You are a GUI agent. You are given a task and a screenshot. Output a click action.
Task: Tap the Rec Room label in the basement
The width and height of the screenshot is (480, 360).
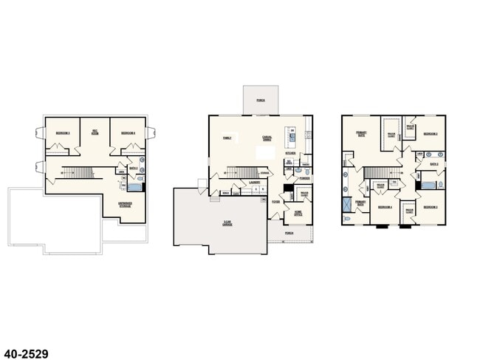pyautogui.click(x=95, y=133)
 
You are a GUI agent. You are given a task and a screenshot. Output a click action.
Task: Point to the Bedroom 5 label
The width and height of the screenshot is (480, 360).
pyautogui.click(x=63, y=133)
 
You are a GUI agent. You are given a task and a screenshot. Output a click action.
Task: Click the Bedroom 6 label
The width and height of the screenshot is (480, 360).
pyautogui.click(x=128, y=133)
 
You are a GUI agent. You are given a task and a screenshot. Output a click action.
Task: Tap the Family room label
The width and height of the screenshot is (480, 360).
pyautogui.click(x=227, y=137)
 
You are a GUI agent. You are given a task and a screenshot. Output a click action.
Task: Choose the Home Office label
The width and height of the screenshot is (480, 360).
pyautogui.click(x=298, y=213)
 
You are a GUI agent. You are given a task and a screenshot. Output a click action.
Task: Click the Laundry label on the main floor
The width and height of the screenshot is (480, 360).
pyautogui.click(x=253, y=180)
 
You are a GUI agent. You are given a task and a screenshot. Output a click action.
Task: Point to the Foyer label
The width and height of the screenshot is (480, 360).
pyautogui.click(x=275, y=201)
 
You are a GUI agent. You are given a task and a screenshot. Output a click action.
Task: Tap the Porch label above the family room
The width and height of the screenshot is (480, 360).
pyautogui.click(x=261, y=99)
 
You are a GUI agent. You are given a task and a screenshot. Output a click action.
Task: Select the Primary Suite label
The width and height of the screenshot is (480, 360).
pyautogui.click(x=361, y=134)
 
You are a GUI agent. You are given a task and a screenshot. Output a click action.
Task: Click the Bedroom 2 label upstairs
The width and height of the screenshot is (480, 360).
pyautogui.click(x=431, y=134)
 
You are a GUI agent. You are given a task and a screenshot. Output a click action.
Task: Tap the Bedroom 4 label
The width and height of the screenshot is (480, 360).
pyautogui.click(x=385, y=208)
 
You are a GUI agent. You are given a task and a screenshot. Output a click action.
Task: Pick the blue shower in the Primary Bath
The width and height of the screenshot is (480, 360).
pyautogui.click(x=348, y=206)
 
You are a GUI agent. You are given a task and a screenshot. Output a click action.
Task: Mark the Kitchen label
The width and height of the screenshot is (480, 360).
pyautogui.click(x=290, y=154)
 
